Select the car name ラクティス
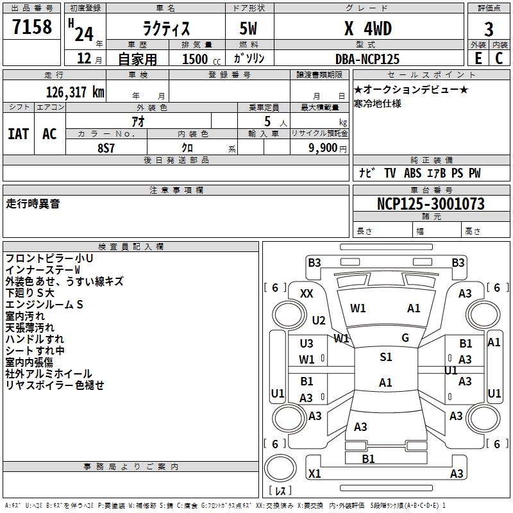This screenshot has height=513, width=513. point(166,29)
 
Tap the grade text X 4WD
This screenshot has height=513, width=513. point(367,29)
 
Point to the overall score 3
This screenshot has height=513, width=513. point(489,29)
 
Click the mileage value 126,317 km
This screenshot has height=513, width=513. point(75,92)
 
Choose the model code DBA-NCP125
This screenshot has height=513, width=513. point(367,59)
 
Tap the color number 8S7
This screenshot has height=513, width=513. point(106,147)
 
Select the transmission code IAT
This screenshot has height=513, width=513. point(19,134)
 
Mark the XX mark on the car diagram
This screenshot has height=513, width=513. point(307,294)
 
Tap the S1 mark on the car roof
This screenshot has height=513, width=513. point(385,357)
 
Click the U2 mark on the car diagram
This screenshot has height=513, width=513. point(319,321)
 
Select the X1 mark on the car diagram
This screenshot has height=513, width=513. point(314,474)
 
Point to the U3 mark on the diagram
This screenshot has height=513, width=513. point(307,344)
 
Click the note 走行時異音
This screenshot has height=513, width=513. point(33,203)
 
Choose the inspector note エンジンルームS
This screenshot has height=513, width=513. point(44,305)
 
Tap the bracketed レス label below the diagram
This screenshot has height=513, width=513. point(281,491)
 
